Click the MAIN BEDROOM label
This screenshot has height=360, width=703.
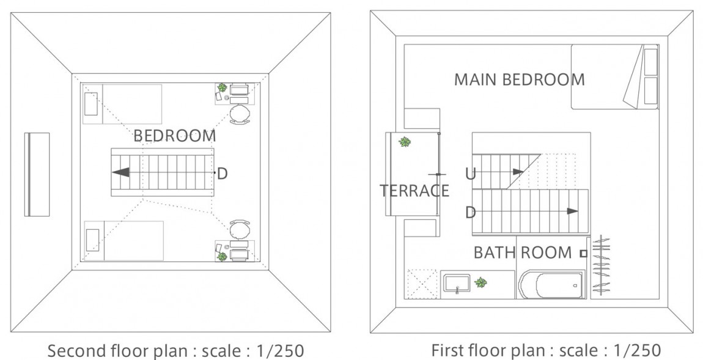click(x=519, y=79)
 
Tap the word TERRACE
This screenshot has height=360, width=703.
click(x=414, y=191)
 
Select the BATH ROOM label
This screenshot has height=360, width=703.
click(x=523, y=252)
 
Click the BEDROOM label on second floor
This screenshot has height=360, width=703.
click(x=174, y=136)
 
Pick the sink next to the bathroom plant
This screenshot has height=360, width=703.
click(x=457, y=284)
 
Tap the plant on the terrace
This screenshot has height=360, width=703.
click(x=404, y=142)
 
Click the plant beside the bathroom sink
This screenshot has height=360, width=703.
click(x=481, y=283)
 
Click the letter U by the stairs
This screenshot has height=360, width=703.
click(x=470, y=174)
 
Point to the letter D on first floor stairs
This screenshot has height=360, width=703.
click(x=470, y=212)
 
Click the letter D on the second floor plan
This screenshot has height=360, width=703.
click(x=223, y=174)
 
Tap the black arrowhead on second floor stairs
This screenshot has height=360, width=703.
click(x=121, y=172)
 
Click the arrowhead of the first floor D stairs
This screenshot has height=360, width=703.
click(x=572, y=211)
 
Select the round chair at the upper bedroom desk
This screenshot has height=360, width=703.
click(x=240, y=114)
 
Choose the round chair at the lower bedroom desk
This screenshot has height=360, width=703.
click(x=240, y=230)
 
